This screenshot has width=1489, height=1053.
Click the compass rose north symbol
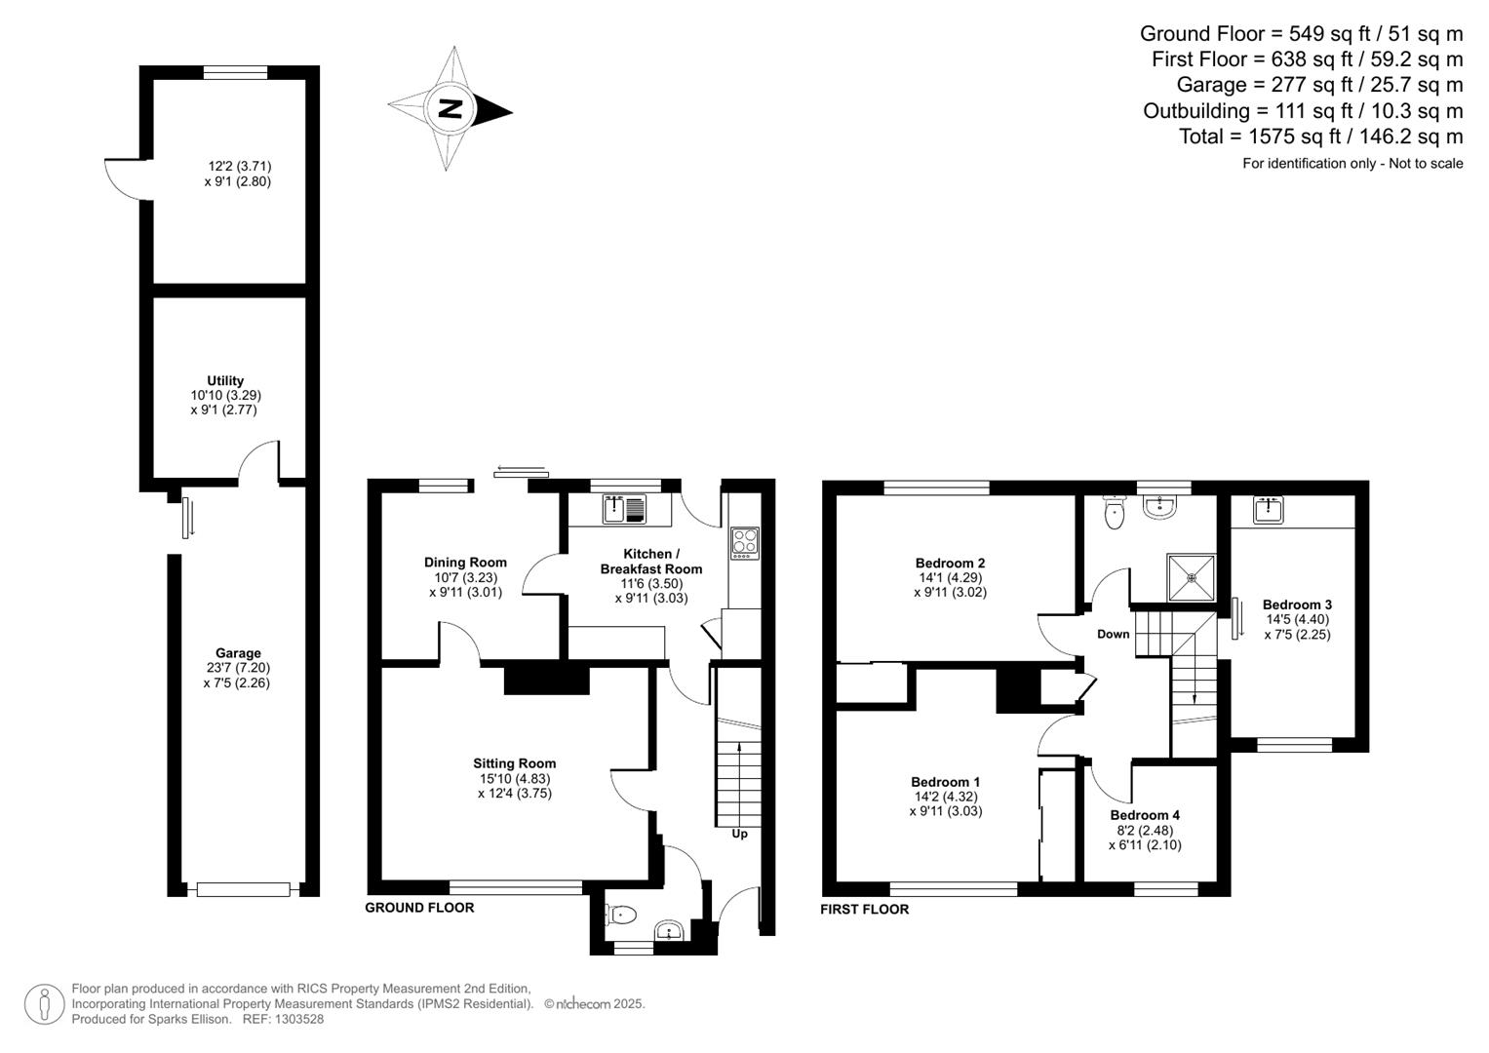(x=450, y=108)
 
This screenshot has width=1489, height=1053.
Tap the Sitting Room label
(x=514, y=763)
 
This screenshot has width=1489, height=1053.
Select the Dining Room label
(x=465, y=562)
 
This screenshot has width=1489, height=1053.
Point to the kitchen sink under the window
(x=623, y=509)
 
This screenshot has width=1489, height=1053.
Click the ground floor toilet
(x=620, y=915)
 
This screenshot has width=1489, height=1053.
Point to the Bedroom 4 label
(x=1145, y=815)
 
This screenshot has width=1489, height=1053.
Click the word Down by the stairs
(x=1113, y=634)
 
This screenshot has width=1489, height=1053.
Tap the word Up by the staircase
(x=739, y=834)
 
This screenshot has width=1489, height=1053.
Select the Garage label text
(x=238, y=653)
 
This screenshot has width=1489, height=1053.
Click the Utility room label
(x=225, y=380)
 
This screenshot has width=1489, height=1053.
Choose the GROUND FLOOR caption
(x=419, y=908)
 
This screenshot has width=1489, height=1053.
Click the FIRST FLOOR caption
(x=864, y=910)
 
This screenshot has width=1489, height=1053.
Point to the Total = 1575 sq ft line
(x=1320, y=136)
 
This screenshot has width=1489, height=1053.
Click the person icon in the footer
(x=44, y=1004)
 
